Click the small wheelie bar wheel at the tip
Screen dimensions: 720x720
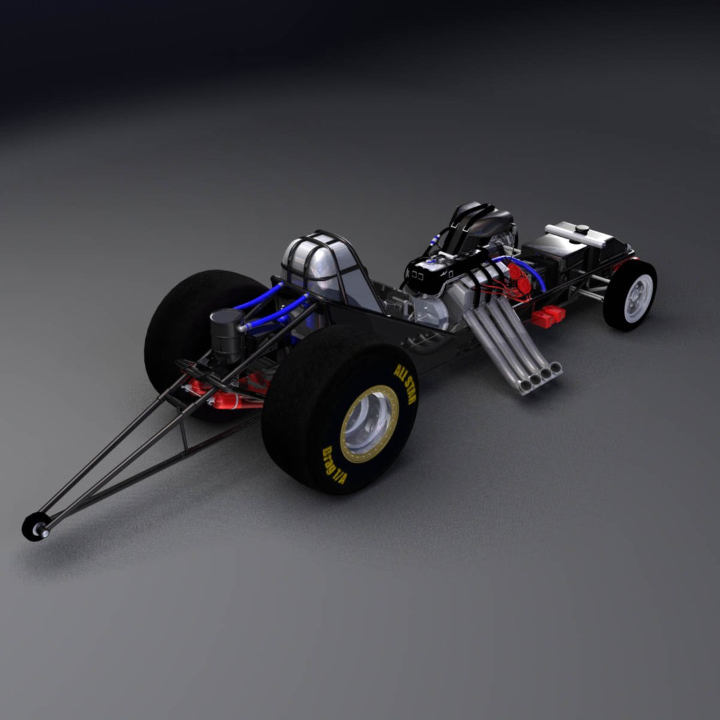click(x=33, y=527)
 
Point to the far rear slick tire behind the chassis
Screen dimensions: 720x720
click(x=187, y=320)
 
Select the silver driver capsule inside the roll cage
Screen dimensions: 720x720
click(x=313, y=267)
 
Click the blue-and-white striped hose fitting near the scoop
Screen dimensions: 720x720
click(x=436, y=237)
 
